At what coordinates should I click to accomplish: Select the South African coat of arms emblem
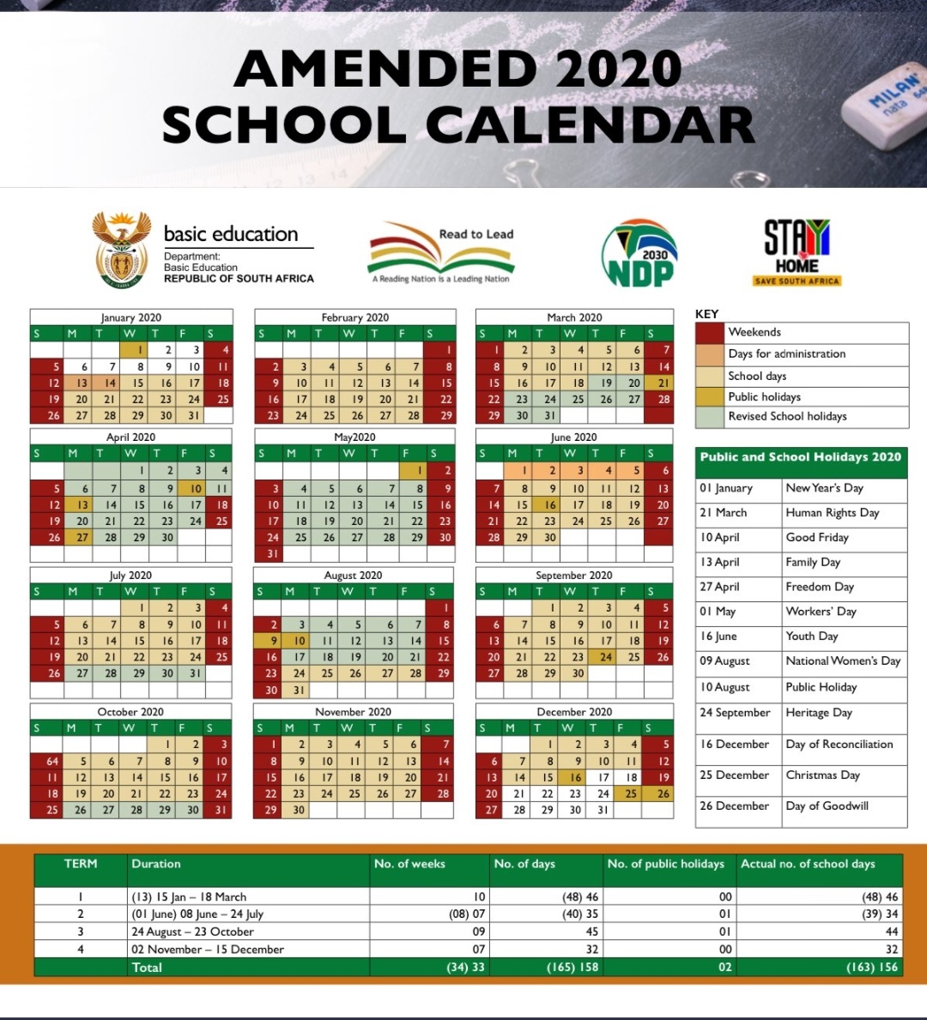click(x=121, y=250)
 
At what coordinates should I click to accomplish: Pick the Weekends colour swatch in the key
click(x=710, y=332)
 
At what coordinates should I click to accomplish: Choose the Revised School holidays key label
click(x=787, y=417)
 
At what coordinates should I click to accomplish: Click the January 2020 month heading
click(x=131, y=317)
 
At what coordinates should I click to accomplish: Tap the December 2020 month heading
click(x=574, y=712)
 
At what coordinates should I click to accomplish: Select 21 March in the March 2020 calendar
click(x=662, y=383)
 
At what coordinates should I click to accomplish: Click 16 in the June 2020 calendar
click(x=550, y=504)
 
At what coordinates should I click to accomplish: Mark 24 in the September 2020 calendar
click(x=606, y=657)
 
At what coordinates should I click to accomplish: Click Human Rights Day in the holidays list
click(x=832, y=513)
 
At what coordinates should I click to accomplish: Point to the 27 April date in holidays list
click(x=719, y=587)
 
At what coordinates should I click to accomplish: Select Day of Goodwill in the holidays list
click(x=827, y=806)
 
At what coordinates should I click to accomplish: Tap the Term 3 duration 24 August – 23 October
click(x=192, y=932)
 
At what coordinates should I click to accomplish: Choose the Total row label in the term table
click(x=146, y=967)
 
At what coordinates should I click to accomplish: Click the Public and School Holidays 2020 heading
click(x=800, y=457)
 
